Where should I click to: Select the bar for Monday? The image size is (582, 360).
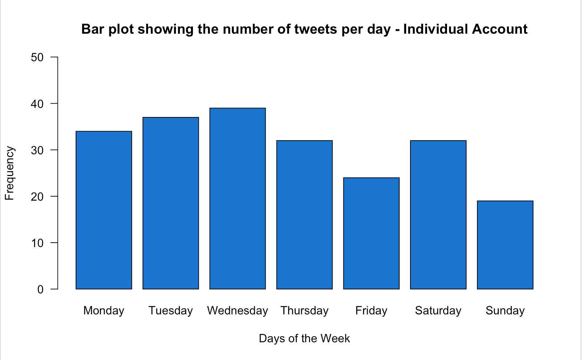[104, 210]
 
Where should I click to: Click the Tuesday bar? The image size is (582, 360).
[171, 203]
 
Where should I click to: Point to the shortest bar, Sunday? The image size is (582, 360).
[505, 245]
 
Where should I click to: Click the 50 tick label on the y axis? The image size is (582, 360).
[37, 57]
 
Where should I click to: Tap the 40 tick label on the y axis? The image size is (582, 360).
[37, 104]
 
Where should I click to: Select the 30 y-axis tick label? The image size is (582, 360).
[37, 150]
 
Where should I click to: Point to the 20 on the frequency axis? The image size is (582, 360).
[37, 197]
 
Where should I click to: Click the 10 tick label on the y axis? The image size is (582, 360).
[37, 243]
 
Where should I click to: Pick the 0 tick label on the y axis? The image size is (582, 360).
[40, 289]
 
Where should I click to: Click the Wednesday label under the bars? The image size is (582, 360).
[237, 311]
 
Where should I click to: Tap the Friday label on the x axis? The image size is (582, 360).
[371, 311]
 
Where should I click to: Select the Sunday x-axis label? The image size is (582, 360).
[505, 311]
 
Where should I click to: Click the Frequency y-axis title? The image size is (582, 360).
[9, 173]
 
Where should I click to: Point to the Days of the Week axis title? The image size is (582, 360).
[304, 338]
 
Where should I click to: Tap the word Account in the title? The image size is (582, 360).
[499, 29]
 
